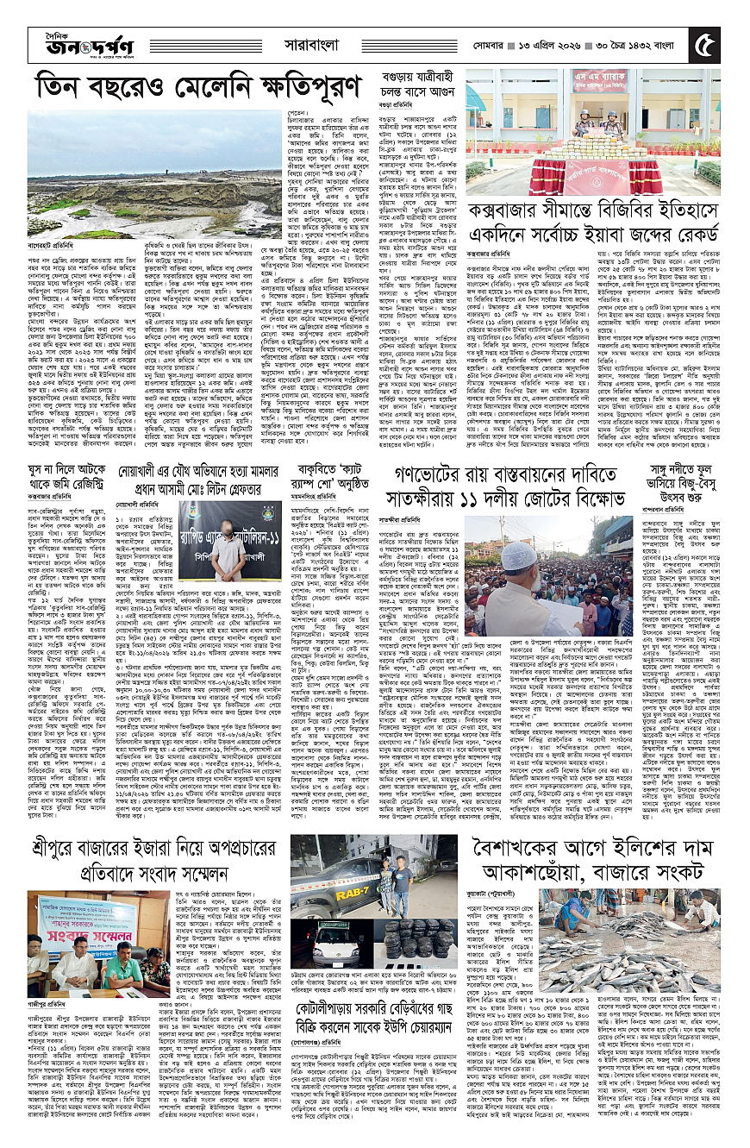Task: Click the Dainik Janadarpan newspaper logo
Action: [69, 40]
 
